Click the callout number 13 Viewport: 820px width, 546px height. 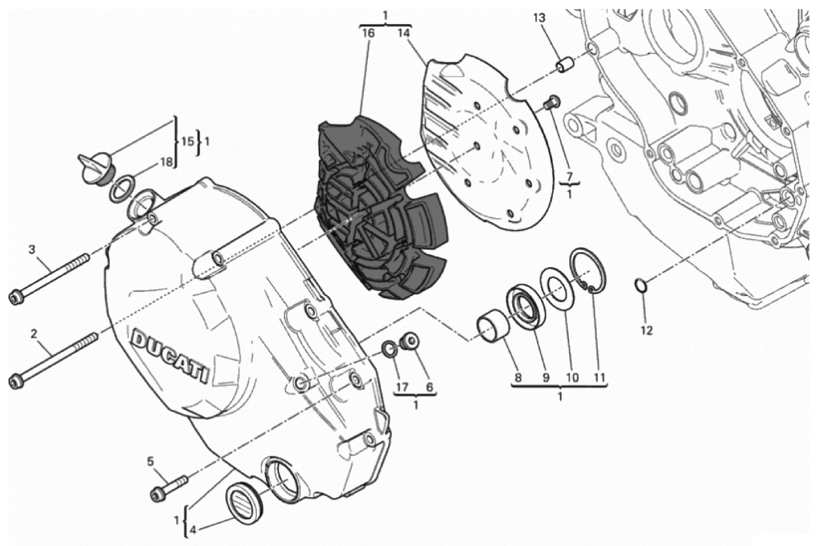pyautogui.click(x=539, y=19)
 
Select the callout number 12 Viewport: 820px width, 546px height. pyautogui.click(x=647, y=331)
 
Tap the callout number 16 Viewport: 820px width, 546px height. pyautogui.click(x=368, y=33)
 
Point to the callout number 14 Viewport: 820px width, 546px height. pyautogui.click(x=403, y=33)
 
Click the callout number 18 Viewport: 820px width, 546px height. pyautogui.click(x=165, y=162)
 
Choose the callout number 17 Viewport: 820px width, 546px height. pyautogui.click(x=400, y=387)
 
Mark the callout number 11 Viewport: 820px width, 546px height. pyautogui.click(x=599, y=377)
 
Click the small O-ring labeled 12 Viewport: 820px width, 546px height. pyautogui.click(x=641, y=286)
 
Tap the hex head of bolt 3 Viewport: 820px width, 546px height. pyautogui.click(x=16, y=297)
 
